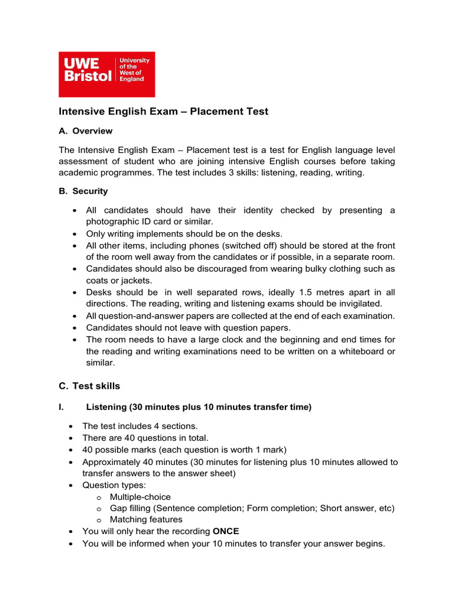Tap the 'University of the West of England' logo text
[135, 70]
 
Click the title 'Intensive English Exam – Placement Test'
[163, 111]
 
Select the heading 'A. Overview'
[85, 131]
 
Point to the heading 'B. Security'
[83, 191]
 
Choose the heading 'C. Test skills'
[89, 386]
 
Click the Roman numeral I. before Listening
[61, 406]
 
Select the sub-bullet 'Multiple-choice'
[140, 497]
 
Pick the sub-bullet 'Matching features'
[146, 519]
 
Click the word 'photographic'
[111, 221]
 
